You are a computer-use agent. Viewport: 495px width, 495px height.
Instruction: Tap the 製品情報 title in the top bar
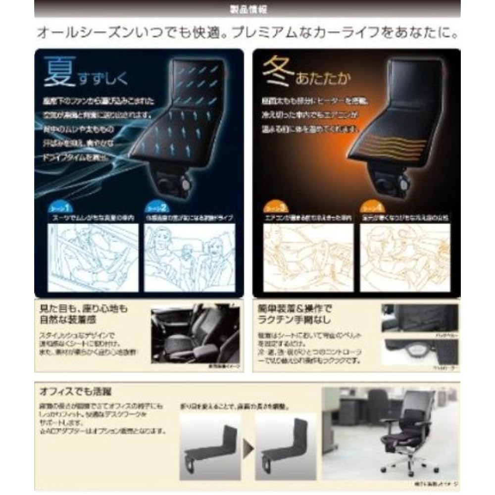(247, 9)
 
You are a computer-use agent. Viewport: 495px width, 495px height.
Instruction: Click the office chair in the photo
(406, 431)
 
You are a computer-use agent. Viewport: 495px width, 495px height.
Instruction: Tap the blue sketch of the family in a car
(191, 257)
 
